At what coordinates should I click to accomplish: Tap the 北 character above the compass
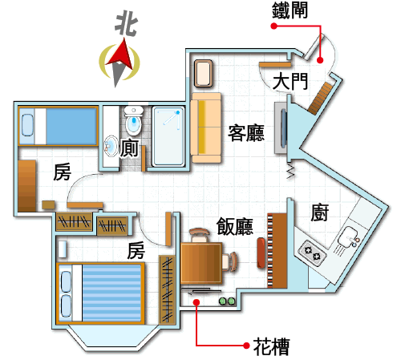pos(126,23)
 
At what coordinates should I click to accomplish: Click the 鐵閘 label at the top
pos(290,10)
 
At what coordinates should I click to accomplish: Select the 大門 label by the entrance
pos(290,81)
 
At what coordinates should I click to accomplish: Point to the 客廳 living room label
pos(246,132)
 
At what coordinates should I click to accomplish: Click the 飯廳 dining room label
pos(234,226)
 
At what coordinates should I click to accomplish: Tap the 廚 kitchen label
pos(320,212)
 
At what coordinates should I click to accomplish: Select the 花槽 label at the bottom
pos(271,346)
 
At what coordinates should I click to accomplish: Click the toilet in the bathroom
pos(134,120)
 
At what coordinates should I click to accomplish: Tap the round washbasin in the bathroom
pos(111,147)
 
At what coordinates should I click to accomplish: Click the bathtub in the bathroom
pos(168,136)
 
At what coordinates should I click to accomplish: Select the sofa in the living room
pos(206,127)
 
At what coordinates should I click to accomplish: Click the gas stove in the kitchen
pos(312,253)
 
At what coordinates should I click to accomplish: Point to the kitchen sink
pos(348,237)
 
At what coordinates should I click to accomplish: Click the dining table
pos(201,263)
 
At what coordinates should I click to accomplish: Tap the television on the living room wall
pos(282,127)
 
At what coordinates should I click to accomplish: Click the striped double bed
pos(101,293)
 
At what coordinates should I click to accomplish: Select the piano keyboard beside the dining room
pos(270,250)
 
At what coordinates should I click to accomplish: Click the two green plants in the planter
pos(227,301)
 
